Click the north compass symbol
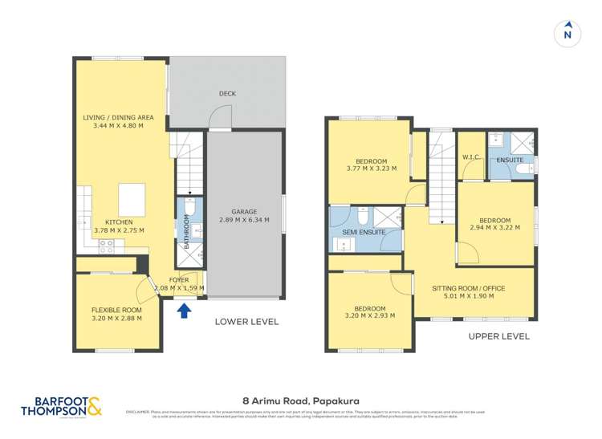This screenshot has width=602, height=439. click(567, 33)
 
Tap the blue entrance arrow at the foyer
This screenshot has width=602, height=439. click(184, 310)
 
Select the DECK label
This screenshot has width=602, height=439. click(227, 94)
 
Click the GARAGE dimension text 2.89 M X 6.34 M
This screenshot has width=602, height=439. click(245, 220)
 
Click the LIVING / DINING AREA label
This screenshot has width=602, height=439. click(118, 117)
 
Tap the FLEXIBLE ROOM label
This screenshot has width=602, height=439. click(116, 309)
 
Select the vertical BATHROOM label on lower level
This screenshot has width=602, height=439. click(186, 231)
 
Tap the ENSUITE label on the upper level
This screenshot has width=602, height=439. click(510, 161)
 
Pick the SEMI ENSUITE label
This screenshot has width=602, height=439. click(364, 233)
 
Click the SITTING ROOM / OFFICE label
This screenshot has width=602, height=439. click(473, 287)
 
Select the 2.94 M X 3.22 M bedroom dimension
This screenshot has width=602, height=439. click(494, 228)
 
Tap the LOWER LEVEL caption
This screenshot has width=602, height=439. click(246, 322)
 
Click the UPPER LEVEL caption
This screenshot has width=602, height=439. click(498, 336)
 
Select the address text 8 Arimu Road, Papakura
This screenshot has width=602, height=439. click(300, 397)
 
